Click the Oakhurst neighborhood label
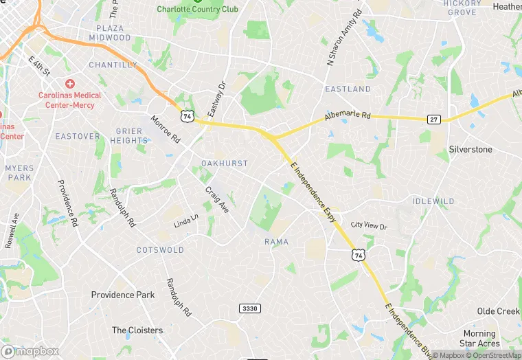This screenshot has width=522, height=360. pyautogui.click(x=225, y=164)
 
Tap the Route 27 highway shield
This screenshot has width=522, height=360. pyautogui.click(x=433, y=119)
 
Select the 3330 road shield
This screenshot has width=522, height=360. pyautogui.click(x=250, y=309)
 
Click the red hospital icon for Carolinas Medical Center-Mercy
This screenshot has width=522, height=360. pyautogui.click(x=69, y=82)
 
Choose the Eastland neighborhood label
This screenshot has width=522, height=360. pyautogui.click(x=348, y=89)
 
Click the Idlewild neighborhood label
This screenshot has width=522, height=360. pyautogui.click(x=433, y=201)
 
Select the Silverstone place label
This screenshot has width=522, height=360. pyautogui.click(x=470, y=149)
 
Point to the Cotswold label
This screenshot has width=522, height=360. pyautogui.click(x=160, y=249)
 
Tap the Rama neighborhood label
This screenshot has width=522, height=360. pyautogui.click(x=276, y=242)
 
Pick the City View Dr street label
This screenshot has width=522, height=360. pyautogui.click(x=369, y=225)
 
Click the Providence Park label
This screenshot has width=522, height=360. pyautogui.click(x=123, y=295)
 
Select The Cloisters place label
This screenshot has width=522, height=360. pyautogui.click(x=137, y=330)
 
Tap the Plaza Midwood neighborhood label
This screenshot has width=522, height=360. pyautogui.click(x=110, y=33)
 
